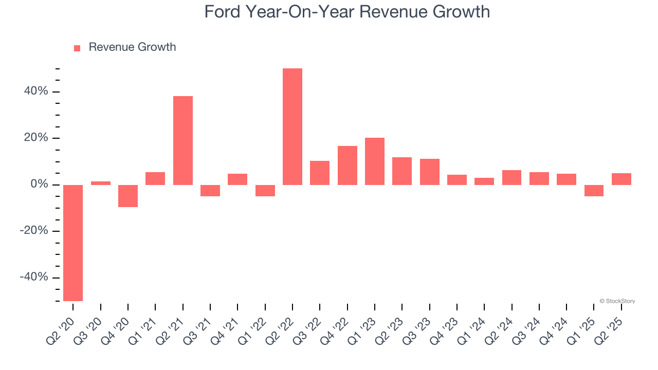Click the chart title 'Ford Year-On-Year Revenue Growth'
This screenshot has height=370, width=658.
tap(347, 12)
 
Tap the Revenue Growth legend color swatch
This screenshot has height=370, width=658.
tap(77, 48)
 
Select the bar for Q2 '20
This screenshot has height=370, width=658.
tap(73, 243)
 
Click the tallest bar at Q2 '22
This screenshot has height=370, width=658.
tap(293, 126)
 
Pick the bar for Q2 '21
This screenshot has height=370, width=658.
tap(183, 140)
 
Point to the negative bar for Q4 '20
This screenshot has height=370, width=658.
tap(128, 196)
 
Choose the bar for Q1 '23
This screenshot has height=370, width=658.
tap(375, 161)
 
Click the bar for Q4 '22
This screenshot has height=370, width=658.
tap(348, 165)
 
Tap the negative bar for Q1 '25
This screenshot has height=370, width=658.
tap(594, 191)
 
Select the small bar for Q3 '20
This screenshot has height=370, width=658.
tap(101, 183)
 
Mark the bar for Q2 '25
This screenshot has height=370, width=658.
tap(622, 179)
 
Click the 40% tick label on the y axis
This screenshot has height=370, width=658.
tap(35, 91)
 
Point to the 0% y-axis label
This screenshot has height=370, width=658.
tap(39, 184)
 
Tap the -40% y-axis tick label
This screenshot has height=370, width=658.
tap(34, 277)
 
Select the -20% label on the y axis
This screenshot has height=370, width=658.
tap(34, 231)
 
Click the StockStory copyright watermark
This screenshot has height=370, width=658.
tap(617, 301)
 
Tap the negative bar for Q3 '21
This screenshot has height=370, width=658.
tap(210, 191)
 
